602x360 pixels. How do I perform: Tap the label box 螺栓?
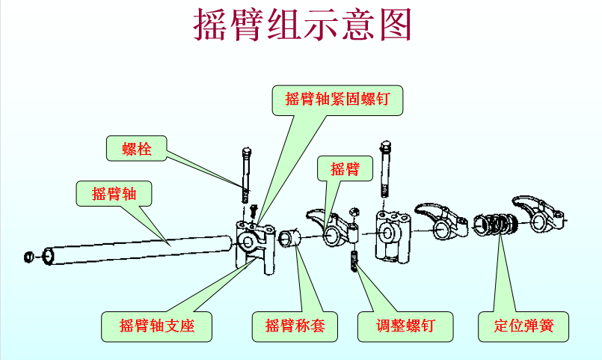tap(138, 149)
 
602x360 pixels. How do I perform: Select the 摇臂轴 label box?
tap(114, 193)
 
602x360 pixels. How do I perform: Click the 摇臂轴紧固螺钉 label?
tap(338, 99)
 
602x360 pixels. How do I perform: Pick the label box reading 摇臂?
tap(345, 169)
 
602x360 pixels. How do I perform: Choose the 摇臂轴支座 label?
tap(157, 326)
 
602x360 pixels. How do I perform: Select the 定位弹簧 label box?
tap(523, 326)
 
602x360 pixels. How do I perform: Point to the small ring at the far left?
tap(30, 257)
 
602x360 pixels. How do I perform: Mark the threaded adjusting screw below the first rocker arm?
tap(355, 263)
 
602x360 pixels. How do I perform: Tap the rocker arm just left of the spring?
tap(441, 216)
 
